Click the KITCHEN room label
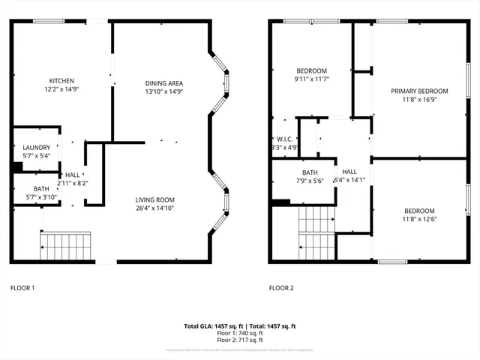(x=61, y=81)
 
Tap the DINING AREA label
(x=164, y=83)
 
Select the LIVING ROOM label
(x=154, y=199)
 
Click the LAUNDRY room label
(x=37, y=148)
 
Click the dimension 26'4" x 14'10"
(x=154, y=208)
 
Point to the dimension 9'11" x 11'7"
(x=312, y=79)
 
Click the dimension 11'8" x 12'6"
(x=418, y=219)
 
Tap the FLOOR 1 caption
(x=22, y=288)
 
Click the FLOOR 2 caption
(x=282, y=288)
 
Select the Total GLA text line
(x=240, y=326)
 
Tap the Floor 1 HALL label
(x=73, y=174)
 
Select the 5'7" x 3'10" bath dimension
(x=36, y=197)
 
